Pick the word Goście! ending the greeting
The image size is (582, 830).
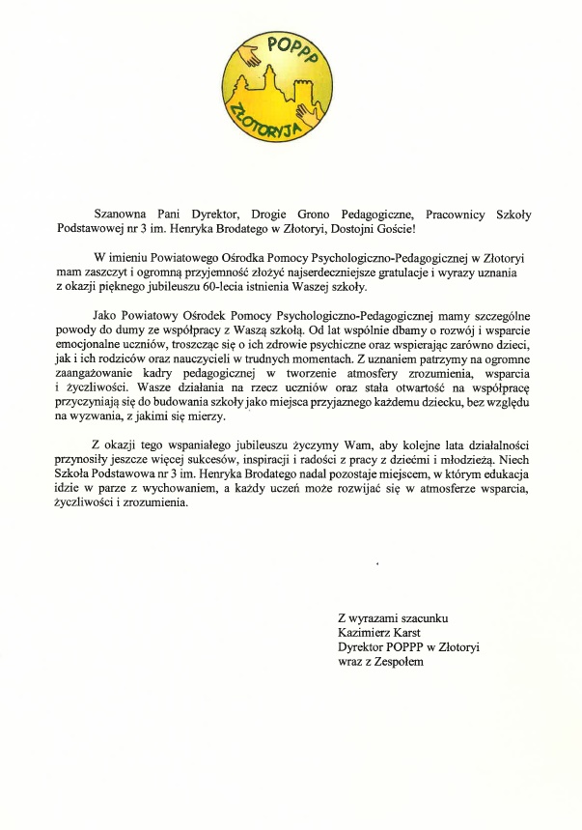390,229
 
